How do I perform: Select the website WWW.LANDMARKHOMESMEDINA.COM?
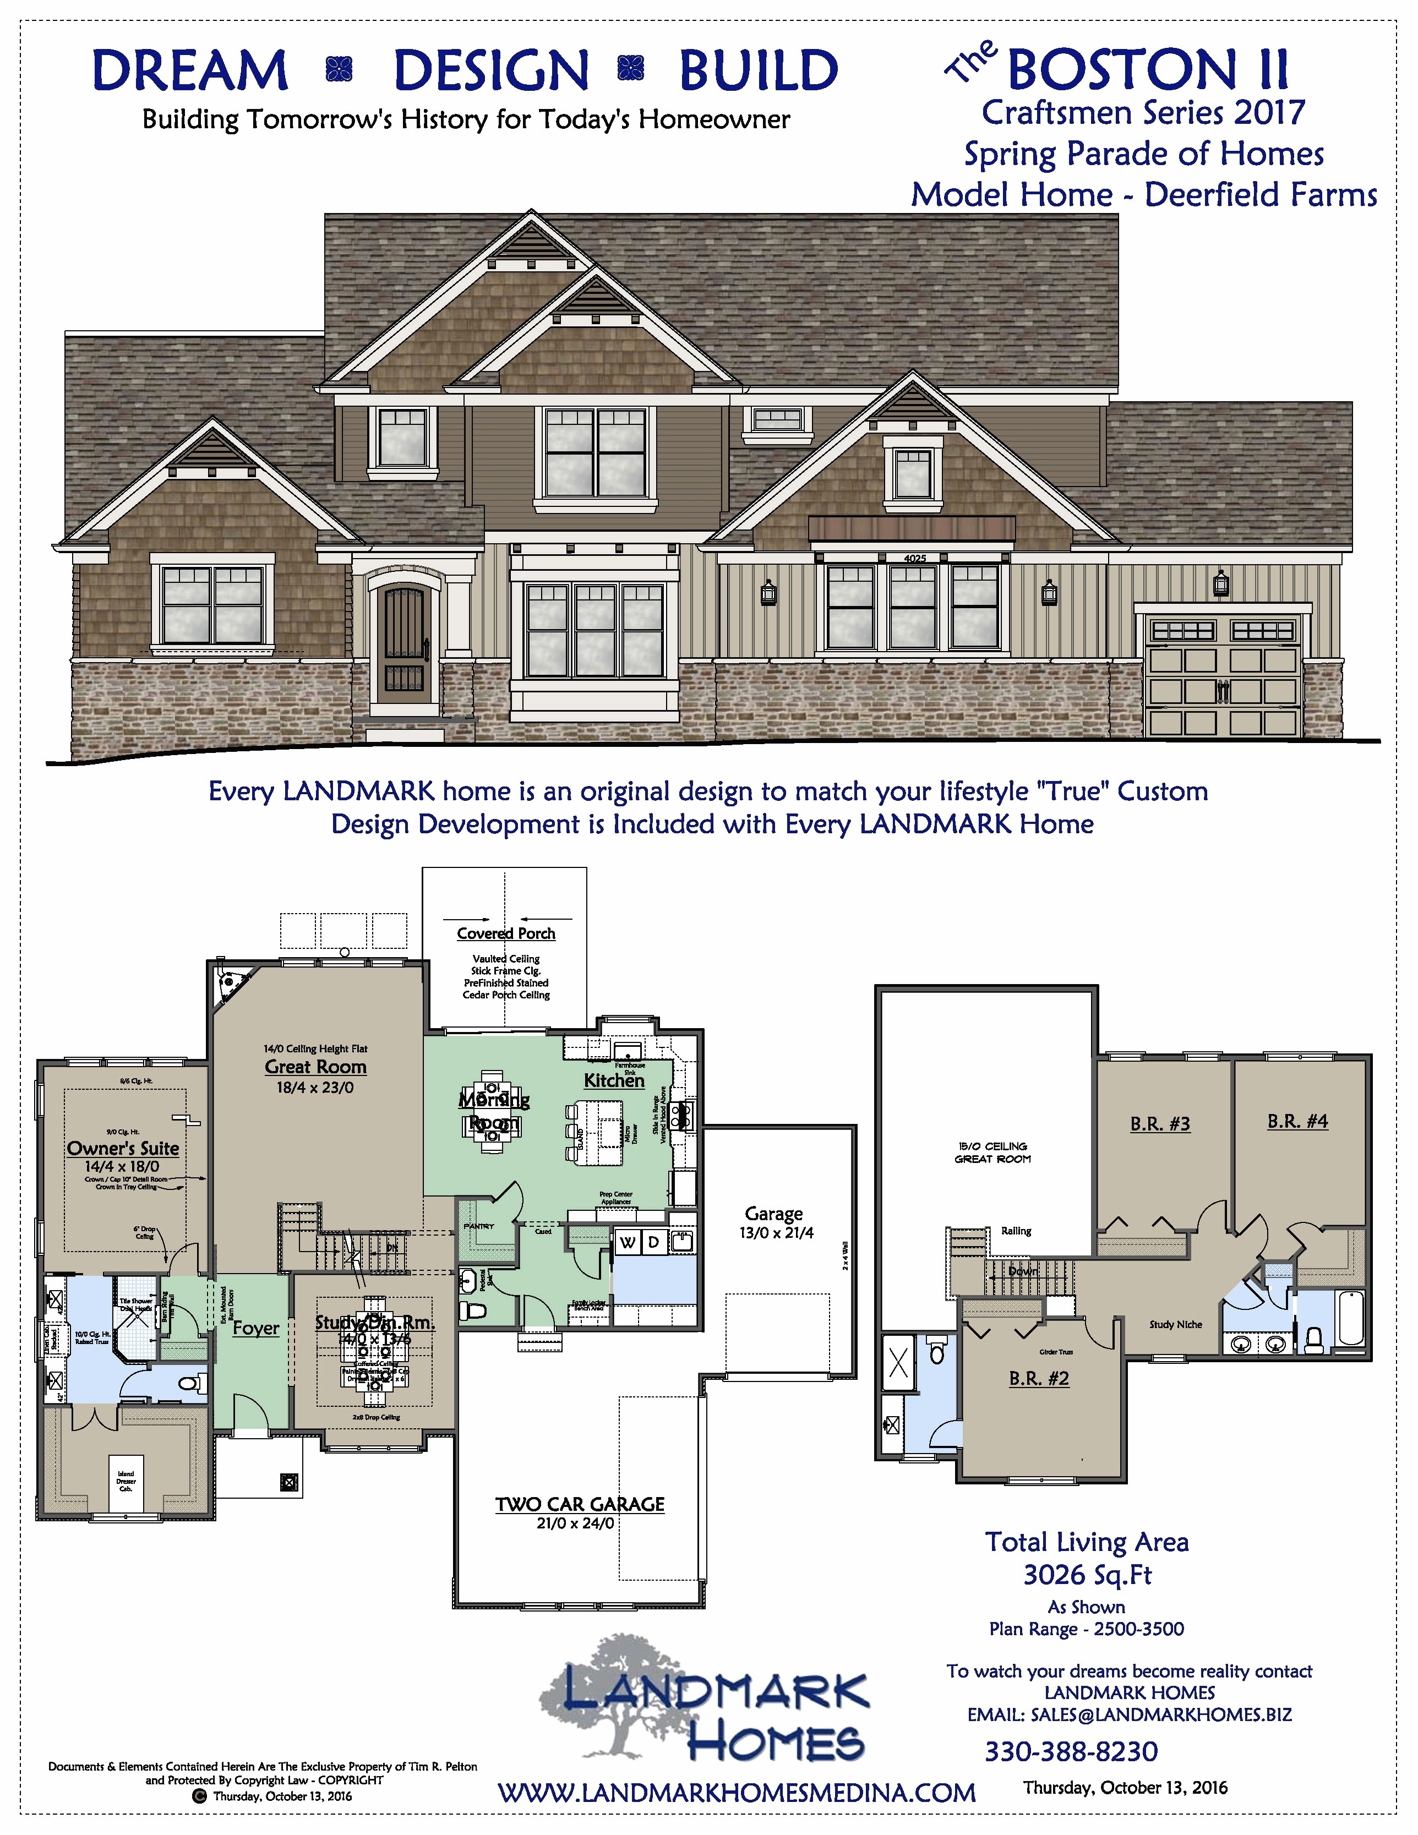pyautogui.click(x=737, y=1793)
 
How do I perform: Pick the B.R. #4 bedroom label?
pyautogui.click(x=1297, y=1121)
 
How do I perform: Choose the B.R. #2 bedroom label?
pyautogui.click(x=1039, y=1378)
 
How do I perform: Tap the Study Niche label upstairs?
pyautogui.click(x=1175, y=1325)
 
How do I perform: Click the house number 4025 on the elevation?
pyautogui.click(x=914, y=559)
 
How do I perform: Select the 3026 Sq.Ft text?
pyautogui.click(x=1087, y=1575)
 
